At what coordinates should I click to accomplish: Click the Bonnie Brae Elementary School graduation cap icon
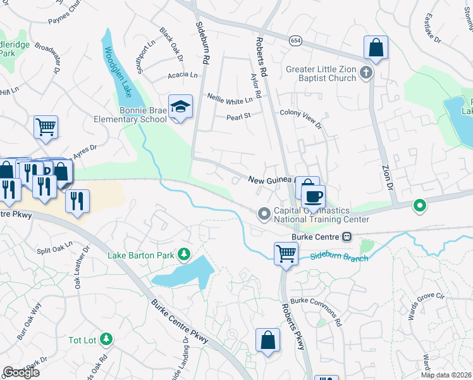point(180,107)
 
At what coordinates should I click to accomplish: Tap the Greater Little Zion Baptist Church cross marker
point(365,73)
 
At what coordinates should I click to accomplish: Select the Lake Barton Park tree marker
point(184,255)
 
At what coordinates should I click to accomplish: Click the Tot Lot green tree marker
point(106,340)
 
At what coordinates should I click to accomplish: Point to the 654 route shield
point(295,41)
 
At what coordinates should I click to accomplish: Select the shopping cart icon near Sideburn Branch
point(286,253)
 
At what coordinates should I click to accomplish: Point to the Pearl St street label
point(239,116)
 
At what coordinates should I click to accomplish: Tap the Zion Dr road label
point(387,178)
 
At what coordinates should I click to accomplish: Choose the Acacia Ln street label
point(183,75)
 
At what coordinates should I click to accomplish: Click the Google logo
point(21,372)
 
